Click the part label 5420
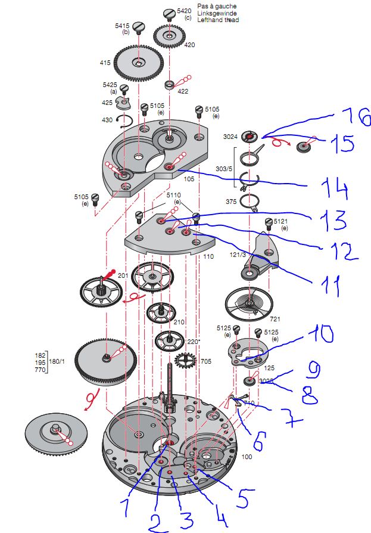point(183,11)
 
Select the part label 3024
point(230,137)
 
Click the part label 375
point(230,201)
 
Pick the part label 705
point(205,361)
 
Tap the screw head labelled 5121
point(267,223)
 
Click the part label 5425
point(110,85)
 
